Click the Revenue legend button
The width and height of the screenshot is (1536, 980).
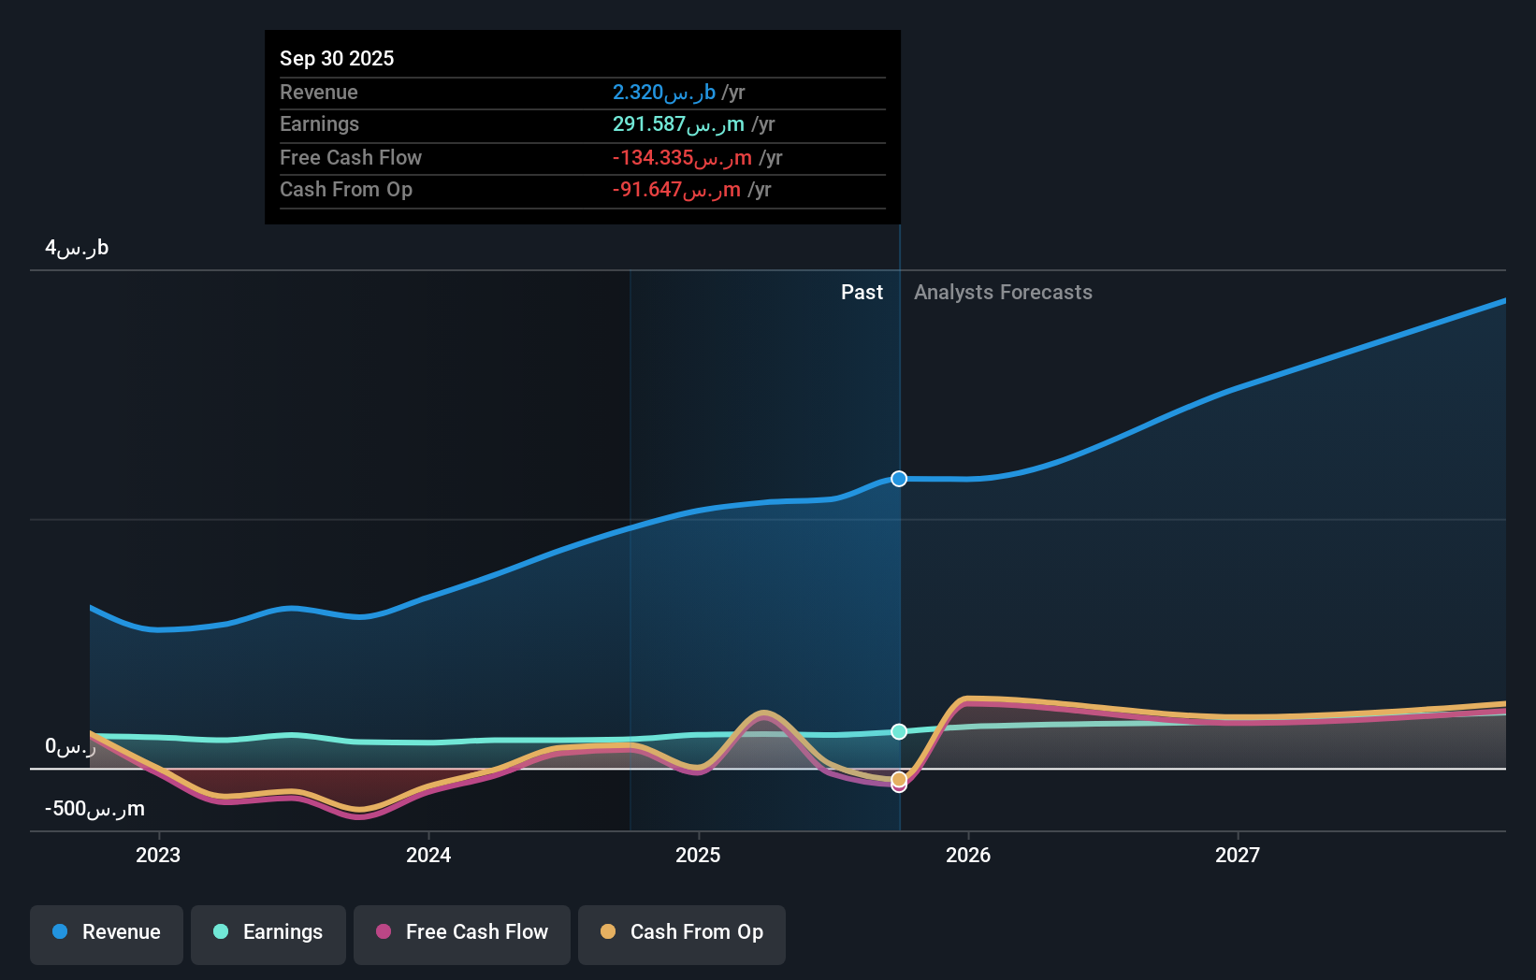pos(107,933)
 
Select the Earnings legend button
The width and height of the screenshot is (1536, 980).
pos(268,933)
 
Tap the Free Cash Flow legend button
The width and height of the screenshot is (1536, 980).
pos(462,933)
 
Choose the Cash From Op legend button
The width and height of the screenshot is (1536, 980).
pos(682,933)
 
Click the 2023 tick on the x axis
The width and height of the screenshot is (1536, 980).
pos(158,855)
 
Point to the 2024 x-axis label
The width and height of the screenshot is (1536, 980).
pos(428,855)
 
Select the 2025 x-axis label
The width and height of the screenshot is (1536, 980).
pos(698,855)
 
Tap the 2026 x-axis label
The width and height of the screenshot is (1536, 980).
pos(968,855)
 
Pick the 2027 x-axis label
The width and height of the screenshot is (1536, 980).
pos(1238,855)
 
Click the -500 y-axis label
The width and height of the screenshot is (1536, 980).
pos(94,809)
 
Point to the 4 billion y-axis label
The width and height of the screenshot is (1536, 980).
pos(77,248)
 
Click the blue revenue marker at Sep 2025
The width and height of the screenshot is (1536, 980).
pos(899,479)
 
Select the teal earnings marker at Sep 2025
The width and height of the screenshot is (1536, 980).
pos(899,731)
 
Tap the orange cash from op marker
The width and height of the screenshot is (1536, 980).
pos(899,778)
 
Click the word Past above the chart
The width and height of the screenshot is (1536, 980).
pos(862,293)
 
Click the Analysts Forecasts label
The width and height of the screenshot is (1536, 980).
pos(1003,293)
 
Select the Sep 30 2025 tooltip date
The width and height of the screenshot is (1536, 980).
pos(337,58)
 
